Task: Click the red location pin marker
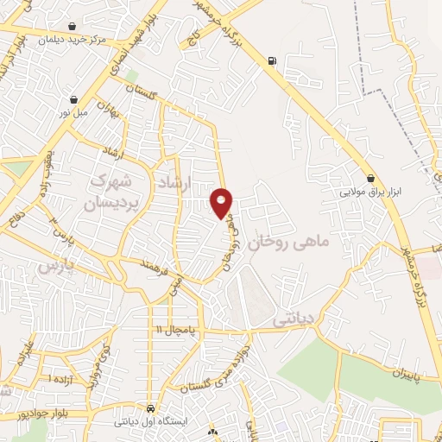tap(222, 202)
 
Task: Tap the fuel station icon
tap(273, 60)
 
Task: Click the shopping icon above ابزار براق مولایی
tap(371, 179)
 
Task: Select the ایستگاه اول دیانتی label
tap(150, 422)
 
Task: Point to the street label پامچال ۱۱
tap(177, 330)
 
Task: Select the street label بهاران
tap(105, 112)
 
